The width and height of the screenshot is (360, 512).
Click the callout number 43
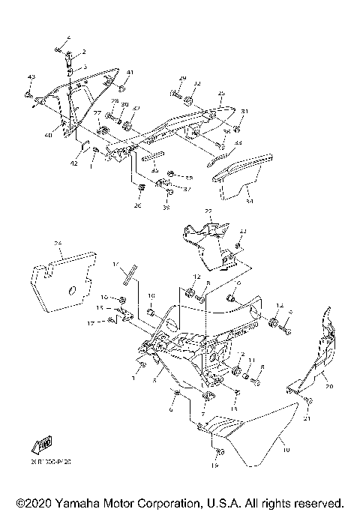(x=31, y=77)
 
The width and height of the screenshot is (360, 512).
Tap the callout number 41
(x=130, y=72)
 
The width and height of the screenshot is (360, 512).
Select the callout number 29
(x=182, y=78)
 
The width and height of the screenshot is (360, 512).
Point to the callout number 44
(x=238, y=142)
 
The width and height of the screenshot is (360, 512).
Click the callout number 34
(x=250, y=201)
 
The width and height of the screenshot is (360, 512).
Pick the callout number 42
(x=74, y=163)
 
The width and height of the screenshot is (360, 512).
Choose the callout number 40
(x=47, y=135)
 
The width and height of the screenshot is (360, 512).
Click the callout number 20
(x=327, y=387)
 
